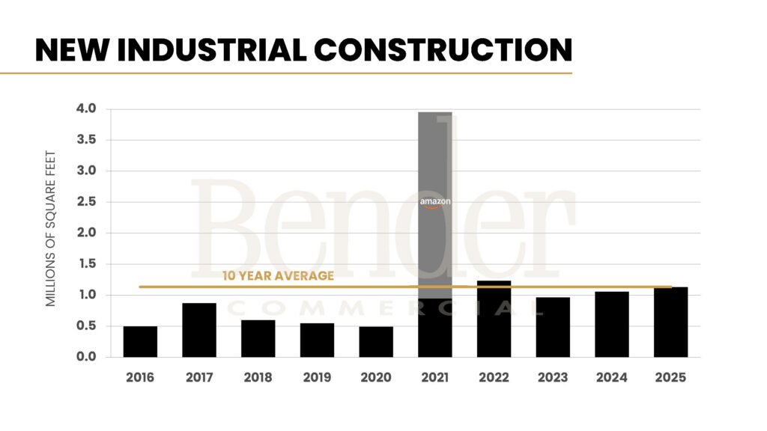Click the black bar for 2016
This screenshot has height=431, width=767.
click(x=140, y=341)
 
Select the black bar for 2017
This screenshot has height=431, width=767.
click(x=199, y=330)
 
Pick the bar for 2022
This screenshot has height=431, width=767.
click(x=494, y=320)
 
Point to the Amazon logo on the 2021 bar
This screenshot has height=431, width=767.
click(x=435, y=203)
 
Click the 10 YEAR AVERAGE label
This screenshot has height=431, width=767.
click(x=278, y=276)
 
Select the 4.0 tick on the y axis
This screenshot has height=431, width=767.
click(x=87, y=109)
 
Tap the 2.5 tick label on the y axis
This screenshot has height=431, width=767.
click(x=87, y=202)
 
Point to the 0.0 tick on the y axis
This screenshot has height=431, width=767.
click(x=87, y=357)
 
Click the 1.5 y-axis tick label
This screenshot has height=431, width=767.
click(x=87, y=264)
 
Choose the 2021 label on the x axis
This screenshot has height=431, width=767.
click(x=434, y=378)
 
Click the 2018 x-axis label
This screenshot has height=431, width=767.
click(x=258, y=378)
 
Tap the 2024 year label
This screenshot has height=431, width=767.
click(x=611, y=378)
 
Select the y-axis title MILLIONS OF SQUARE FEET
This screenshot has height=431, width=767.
click(x=52, y=227)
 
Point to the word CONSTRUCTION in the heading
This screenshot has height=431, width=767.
click(x=443, y=49)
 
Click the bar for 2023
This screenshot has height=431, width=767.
click(x=553, y=327)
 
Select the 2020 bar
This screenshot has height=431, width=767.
click(x=376, y=341)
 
